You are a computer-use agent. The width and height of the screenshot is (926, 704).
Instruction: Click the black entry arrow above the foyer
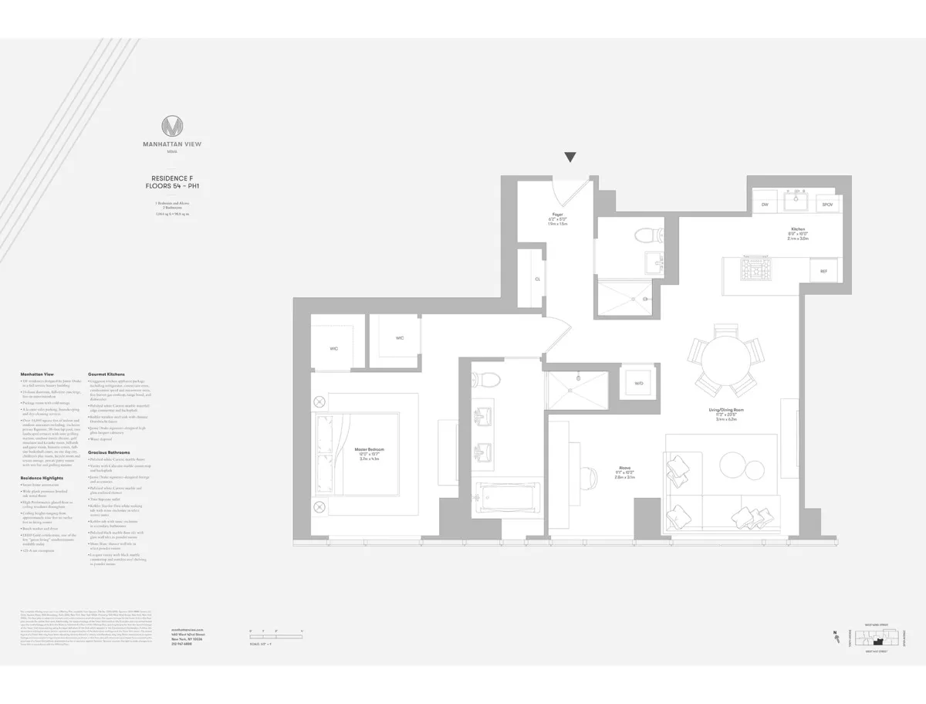point(570,157)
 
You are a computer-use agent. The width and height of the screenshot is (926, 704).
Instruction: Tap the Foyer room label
point(557,214)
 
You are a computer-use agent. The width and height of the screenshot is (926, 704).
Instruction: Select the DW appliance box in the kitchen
point(765,205)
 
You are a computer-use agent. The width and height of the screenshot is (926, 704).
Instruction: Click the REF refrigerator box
point(823,271)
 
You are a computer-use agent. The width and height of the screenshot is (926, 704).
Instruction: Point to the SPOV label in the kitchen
point(827,205)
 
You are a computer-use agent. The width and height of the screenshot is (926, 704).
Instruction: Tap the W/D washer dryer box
point(639,384)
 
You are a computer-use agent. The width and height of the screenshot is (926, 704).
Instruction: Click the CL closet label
point(537,279)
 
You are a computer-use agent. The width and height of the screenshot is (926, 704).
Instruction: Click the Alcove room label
point(625,467)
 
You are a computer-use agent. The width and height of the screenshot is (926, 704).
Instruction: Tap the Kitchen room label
point(798,229)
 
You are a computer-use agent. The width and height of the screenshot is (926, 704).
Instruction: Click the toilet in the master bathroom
point(486,378)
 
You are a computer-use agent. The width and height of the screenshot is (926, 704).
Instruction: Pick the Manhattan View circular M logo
point(172,127)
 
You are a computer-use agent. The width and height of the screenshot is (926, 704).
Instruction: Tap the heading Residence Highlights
point(42,478)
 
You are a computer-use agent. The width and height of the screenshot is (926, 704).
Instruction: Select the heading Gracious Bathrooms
point(110,452)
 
